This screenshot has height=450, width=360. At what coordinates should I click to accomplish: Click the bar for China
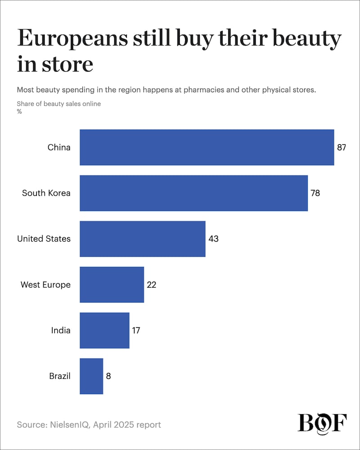[207, 147]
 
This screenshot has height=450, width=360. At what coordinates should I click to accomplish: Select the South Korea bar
[193, 193]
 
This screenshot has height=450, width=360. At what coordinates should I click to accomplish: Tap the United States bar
[142, 238]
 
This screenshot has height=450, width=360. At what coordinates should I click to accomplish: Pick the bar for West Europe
[112, 284]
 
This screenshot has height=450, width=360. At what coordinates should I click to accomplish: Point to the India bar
[104, 330]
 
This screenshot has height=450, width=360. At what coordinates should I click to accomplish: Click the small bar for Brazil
[91, 376]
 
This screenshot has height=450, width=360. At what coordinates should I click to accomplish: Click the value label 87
[341, 147]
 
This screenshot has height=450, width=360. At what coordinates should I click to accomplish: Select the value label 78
[315, 193]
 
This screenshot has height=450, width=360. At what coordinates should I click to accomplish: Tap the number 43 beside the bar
[213, 238]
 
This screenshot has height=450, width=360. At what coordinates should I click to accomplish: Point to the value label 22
[151, 284]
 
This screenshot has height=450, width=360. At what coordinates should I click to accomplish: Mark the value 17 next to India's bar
[136, 330]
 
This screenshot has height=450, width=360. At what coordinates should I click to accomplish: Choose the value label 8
[108, 376]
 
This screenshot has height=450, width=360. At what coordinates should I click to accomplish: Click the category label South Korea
[46, 193]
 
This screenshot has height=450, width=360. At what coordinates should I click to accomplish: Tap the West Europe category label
[45, 284]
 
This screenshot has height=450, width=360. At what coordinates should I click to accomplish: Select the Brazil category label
[60, 376]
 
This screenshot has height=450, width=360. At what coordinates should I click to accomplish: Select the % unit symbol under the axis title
[19, 112]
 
